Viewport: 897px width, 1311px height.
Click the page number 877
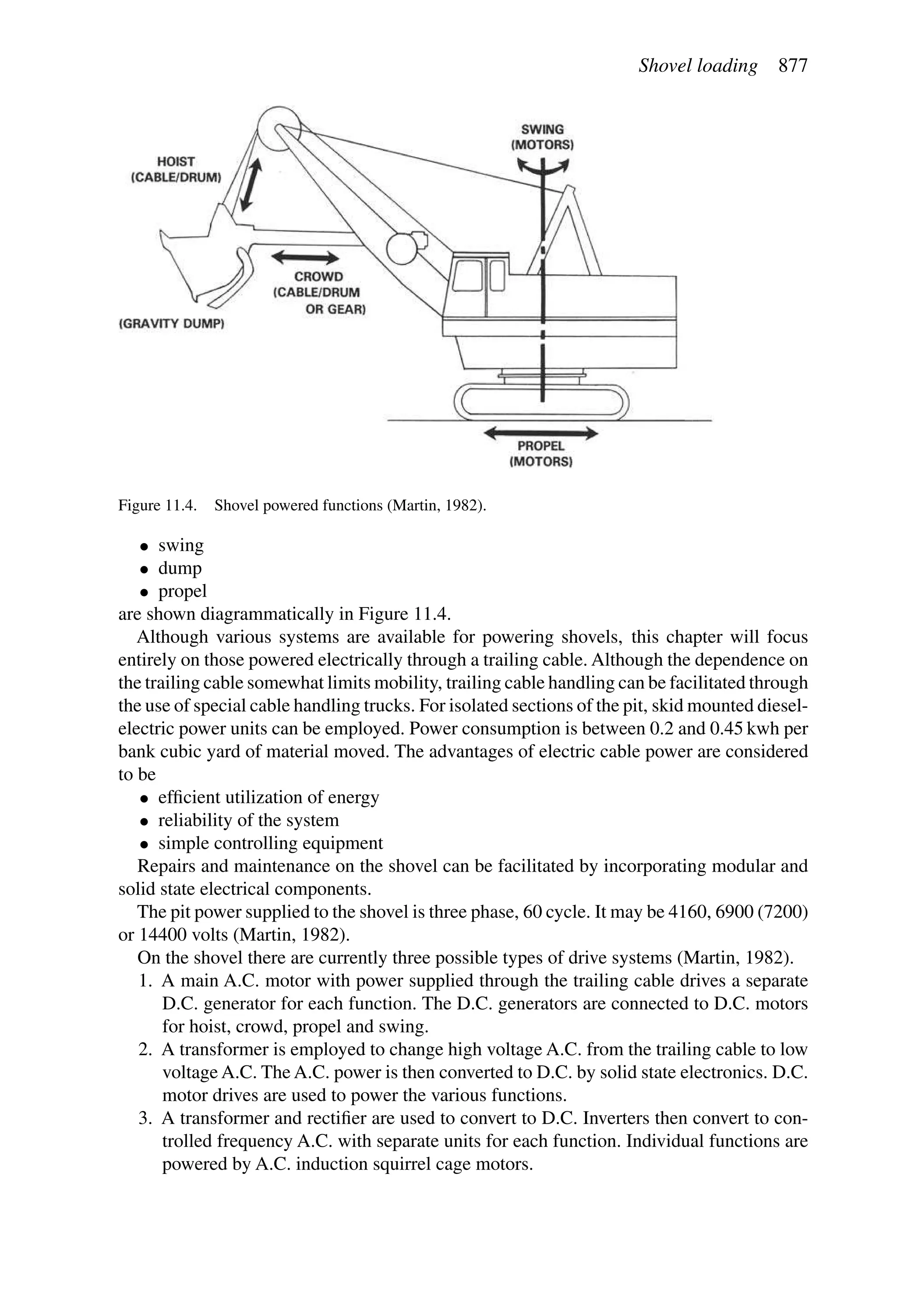(x=793, y=67)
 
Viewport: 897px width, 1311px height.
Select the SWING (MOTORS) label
(x=542, y=137)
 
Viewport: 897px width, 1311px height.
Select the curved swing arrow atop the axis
(x=542, y=165)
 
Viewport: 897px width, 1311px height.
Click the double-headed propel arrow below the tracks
(x=541, y=433)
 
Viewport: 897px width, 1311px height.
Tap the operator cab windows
(x=479, y=275)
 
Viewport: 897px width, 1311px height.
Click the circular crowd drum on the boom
(x=402, y=249)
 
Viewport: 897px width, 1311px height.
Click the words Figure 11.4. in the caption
(x=157, y=505)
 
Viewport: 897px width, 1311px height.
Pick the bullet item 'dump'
(x=180, y=568)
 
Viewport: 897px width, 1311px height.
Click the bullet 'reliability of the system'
(x=248, y=820)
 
